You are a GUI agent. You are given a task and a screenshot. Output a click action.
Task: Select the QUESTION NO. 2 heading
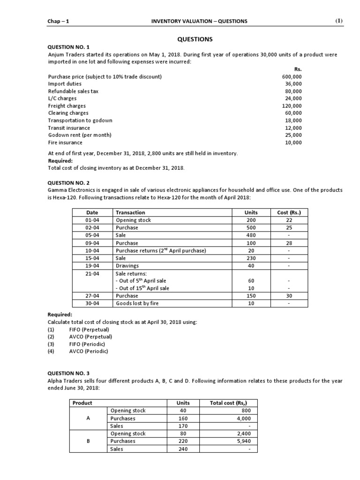[69, 183]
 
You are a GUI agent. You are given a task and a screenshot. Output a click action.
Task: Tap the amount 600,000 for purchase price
[292, 76]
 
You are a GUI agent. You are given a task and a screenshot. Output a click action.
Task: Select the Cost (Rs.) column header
[289, 213]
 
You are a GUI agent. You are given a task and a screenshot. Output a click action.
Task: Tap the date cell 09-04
[92, 243]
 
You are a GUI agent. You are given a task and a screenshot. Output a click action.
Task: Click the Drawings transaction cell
[127, 266]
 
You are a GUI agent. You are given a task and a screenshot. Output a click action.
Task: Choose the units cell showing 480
[251, 235]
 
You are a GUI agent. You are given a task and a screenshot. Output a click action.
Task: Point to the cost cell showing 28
[289, 243]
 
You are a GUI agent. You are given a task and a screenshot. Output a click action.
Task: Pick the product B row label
[88, 441]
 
